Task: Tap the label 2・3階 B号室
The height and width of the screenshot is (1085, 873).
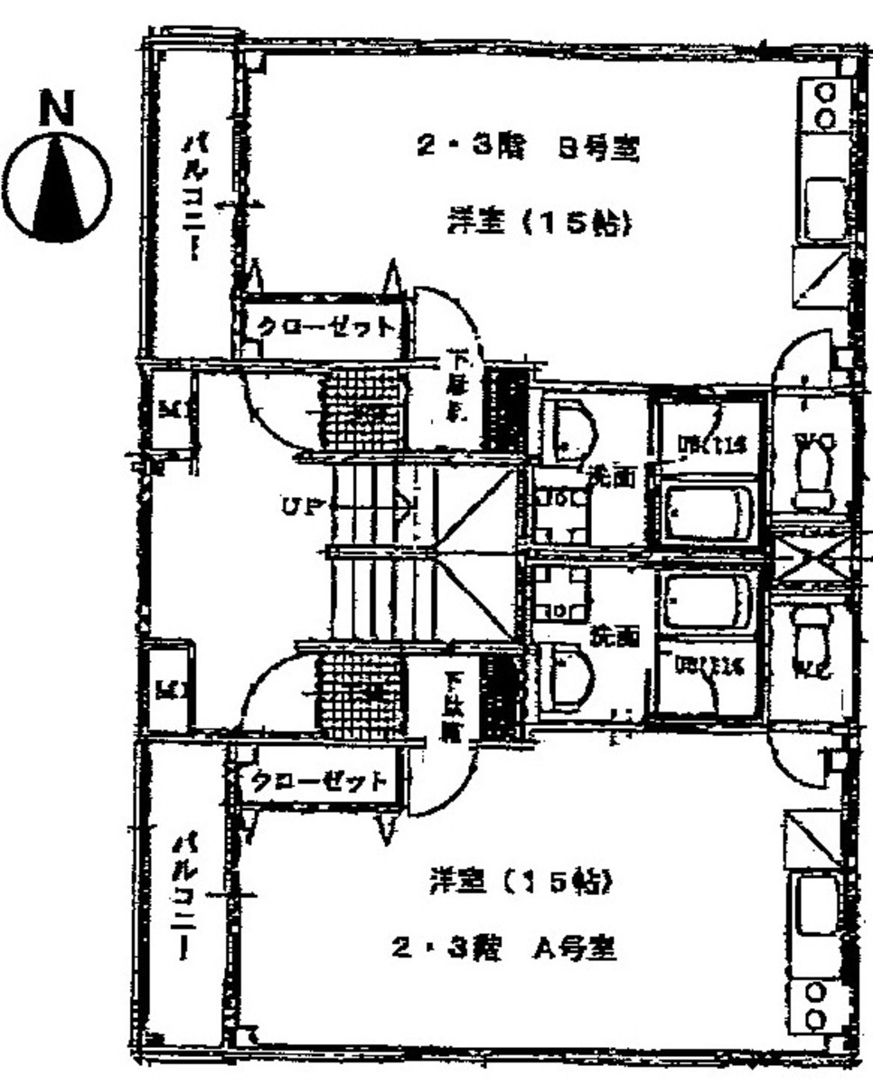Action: point(528,149)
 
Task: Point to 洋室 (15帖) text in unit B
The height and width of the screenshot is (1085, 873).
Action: point(537,222)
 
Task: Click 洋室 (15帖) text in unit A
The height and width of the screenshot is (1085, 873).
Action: point(522,881)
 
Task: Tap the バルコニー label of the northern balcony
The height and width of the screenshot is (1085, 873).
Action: point(192,197)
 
